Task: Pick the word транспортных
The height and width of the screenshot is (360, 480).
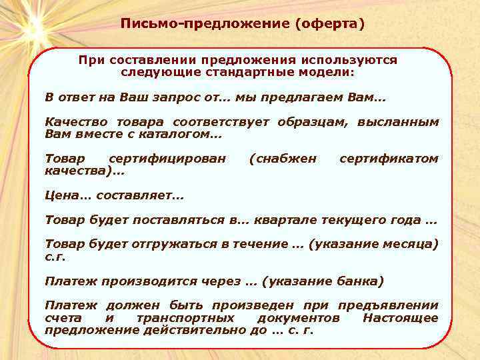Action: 185,318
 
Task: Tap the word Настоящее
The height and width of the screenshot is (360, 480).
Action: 400,318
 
